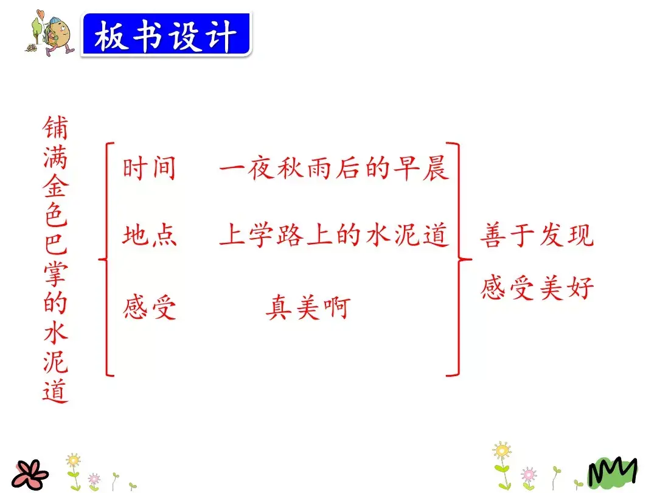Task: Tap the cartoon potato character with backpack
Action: click(x=55, y=33)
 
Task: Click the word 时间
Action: click(x=149, y=169)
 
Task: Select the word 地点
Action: click(x=149, y=236)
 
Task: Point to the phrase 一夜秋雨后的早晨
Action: click(x=334, y=169)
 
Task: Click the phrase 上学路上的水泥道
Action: click(x=334, y=236)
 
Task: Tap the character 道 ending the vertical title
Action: click(x=55, y=390)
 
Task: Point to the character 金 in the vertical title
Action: click(x=55, y=186)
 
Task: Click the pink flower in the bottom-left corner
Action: click(x=30, y=473)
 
